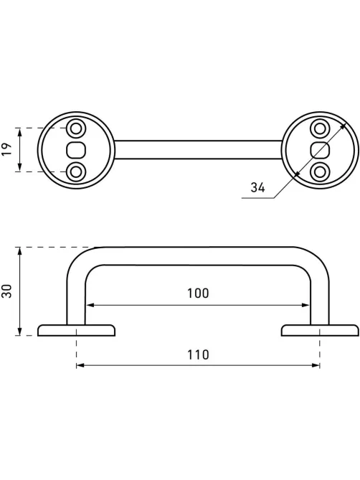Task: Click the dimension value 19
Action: coord(7,149)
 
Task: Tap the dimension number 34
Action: coord(257,187)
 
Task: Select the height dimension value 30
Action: coord(7,291)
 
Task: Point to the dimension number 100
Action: coord(198,293)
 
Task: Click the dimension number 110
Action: coord(198,354)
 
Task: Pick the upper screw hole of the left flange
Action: coord(76,128)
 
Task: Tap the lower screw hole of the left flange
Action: coord(76,172)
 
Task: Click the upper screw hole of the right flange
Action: coord(320,128)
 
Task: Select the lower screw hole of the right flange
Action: coord(320,172)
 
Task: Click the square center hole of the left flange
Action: coord(76,150)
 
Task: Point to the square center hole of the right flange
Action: coord(320,150)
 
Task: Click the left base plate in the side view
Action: coord(76,330)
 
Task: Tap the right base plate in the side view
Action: coord(320,330)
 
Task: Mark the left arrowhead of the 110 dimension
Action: coord(80,365)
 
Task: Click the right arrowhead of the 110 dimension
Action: coord(316,365)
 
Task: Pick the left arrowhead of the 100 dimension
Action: coord(90,305)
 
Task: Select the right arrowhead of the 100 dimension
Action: coord(306,305)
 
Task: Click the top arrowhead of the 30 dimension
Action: coord(19,251)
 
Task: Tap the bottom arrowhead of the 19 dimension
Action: coord(19,168)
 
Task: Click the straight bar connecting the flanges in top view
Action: coord(198,150)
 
